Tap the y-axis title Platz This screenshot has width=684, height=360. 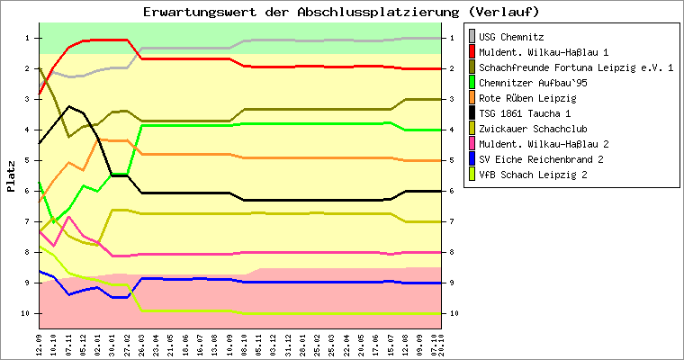11,175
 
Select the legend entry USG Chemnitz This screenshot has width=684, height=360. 510,37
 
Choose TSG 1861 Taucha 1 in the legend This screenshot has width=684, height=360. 525,113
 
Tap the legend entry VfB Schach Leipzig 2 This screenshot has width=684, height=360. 534,175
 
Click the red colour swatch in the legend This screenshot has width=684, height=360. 471,52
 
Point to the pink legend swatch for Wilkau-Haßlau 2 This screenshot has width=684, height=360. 471,144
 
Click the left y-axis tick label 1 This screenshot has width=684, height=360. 28,38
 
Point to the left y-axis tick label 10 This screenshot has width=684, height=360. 26,313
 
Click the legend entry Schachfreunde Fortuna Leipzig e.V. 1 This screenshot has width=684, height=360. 576,67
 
